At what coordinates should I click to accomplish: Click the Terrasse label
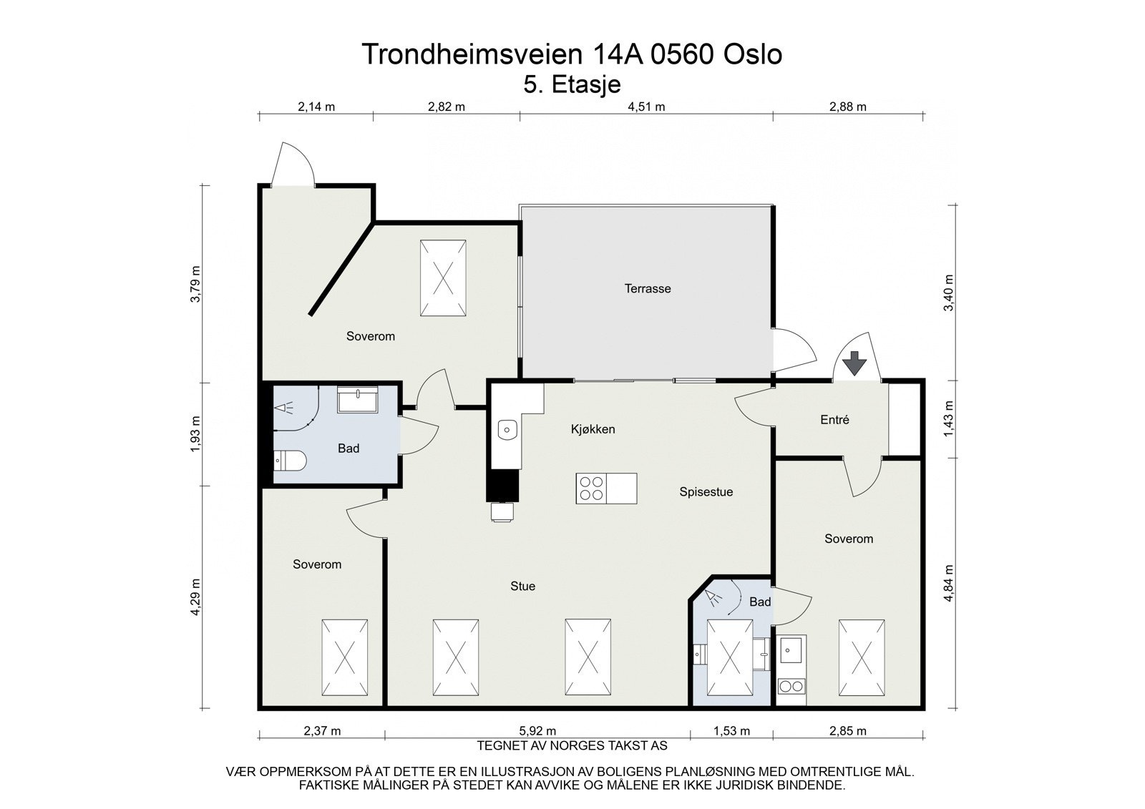pos(647,289)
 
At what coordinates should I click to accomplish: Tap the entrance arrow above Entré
pos(854,364)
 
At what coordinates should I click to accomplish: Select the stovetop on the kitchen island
pos(591,489)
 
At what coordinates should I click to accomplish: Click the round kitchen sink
pos(507,430)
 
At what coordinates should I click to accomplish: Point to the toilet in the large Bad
pos(290,461)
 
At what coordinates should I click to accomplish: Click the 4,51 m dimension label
pos(646,107)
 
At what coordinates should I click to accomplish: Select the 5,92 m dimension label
pos(537,731)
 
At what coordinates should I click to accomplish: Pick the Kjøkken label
pos(593,429)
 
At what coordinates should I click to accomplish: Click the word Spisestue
pos(706,492)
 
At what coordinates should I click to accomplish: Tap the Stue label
pos(522,587)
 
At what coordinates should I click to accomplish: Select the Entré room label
pos(834,421)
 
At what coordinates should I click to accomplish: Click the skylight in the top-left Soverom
pos(443,278)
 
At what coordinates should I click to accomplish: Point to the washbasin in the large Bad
pos(358,400)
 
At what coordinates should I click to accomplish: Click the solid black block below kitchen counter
pos(503,486)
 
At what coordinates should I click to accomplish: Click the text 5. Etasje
pos(572,84)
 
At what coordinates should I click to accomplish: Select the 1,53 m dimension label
pos(731,731)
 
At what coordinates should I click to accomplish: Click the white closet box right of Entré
pos(904,419)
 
